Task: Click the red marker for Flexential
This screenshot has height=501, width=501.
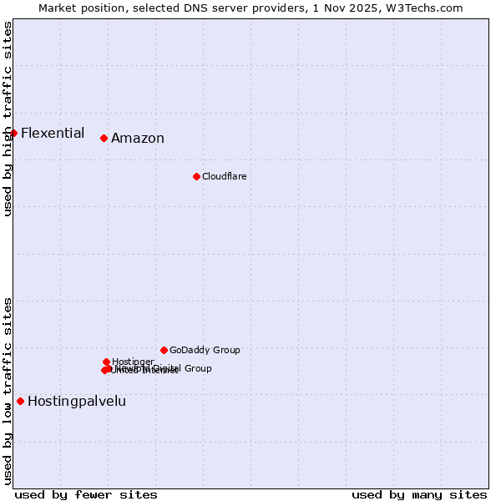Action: (x=13, y=133)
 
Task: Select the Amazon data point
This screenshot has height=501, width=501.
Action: (x=104, y=138)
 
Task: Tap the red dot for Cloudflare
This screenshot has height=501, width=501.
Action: (x=196, y=176)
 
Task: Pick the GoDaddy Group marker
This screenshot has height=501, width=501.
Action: (x=164, y=350)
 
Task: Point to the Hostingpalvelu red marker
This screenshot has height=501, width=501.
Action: (x=20, y=401)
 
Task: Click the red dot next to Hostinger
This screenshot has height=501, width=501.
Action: (x=106, y=362)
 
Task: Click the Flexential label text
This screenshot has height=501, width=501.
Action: (x=53, y=133)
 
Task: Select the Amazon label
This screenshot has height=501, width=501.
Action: (x=138, y=139)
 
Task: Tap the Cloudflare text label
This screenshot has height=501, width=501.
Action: (x=224, y=176)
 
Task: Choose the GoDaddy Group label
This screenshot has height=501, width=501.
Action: (x=205, y=350)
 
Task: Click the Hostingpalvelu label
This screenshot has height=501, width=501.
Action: (x=77, y=401)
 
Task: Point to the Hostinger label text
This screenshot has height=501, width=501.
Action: (x=133, y=362)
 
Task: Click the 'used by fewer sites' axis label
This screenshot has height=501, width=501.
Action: (x=86, y=494)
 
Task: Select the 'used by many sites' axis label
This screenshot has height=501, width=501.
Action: (x=419, y=494)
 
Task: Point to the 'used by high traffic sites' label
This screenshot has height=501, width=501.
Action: (x=8, y=119)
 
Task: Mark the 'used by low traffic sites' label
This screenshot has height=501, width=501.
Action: (x=8, y=391)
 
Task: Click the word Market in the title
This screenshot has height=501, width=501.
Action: (x=58, y=8)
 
